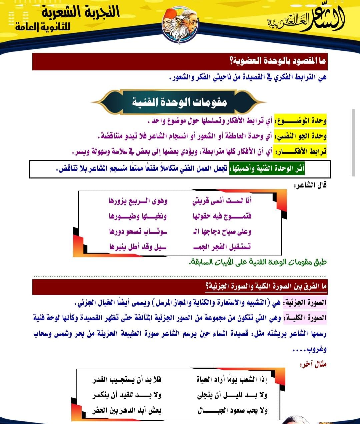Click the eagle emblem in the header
pyautogui.click(x=180, y=25)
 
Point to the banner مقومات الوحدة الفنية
pyautogui.click(x=179, y=102)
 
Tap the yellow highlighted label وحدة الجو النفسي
pyautogui.click(x=300, y=136)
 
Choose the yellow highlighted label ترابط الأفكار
pyautogui.click(x=300, y=152)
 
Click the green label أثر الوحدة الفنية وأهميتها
pyautogui.click(x=267, y=168)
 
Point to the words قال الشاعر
pyautogui.click(x=310, y=185)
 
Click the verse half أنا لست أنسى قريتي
pyautogui.click(x=222, y=200)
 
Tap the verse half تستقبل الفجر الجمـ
pyautogui.click(x=222, y=247)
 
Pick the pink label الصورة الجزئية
pyautogui.click(x=305, y=303)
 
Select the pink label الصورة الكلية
pyautogui.click(x=305, y=318)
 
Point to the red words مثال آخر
pyautogui.click(x=313, y=364)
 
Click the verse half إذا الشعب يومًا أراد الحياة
pyautogui.click(x=232, y=380)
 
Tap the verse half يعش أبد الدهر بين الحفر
pyautogui.click(x=127, y=410)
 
